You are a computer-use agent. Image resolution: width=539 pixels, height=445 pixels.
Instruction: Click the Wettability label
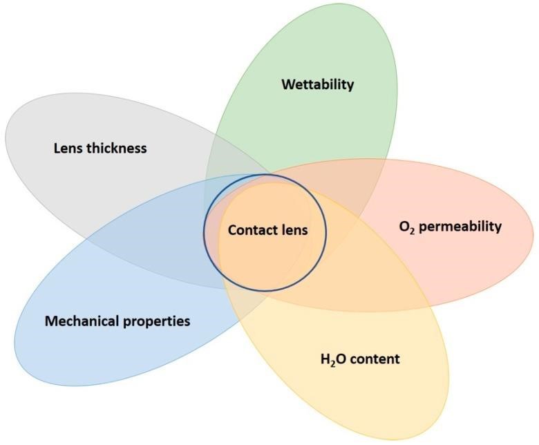(317, 84)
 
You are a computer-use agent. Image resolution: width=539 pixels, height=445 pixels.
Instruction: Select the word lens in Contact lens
(292, 231)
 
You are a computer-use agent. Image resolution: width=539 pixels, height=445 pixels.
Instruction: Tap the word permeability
(460, 227)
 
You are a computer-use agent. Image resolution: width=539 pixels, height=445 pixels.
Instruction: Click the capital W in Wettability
(287, 84)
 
